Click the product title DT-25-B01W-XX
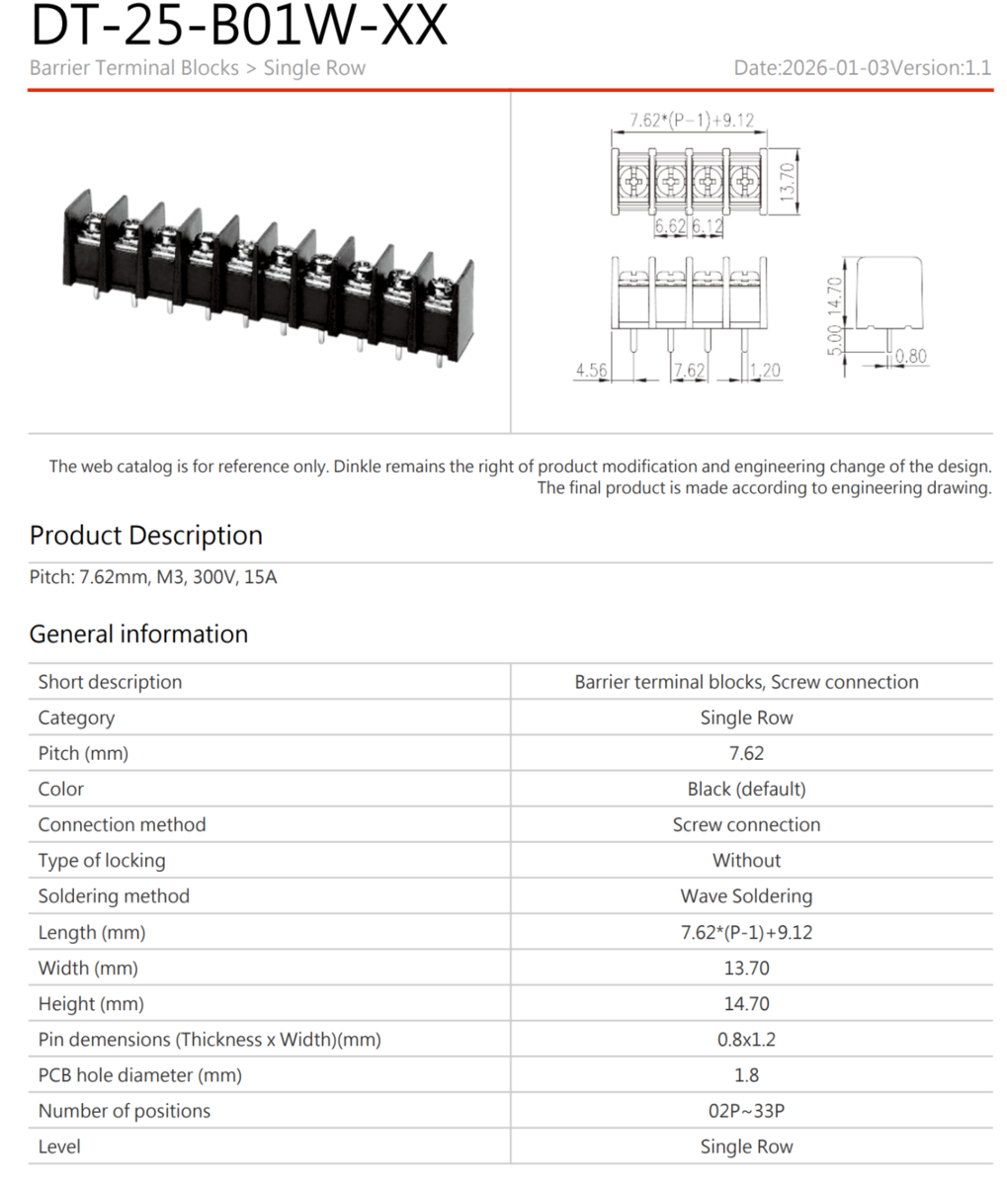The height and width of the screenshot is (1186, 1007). [x=239, y=27]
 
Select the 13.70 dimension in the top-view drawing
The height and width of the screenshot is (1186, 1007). [x=787, y=181]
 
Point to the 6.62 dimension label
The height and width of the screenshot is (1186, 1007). [x=670, y=226]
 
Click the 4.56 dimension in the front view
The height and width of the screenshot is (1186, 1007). [x=591, y=371]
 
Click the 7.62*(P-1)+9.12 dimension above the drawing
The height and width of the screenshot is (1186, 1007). [x=692, y=121]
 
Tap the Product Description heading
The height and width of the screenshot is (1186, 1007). [x=146, y=536]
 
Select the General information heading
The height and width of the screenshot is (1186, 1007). [x=138, y=635]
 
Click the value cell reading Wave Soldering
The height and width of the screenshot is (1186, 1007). [x=746, y=896]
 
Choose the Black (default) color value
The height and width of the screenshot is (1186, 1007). [x=746, y=790]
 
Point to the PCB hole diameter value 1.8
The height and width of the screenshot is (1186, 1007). [x=746, y=1075]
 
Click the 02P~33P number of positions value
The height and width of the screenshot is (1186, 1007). [x=746, y=1111]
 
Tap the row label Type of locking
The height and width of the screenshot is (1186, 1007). [x=102, y=861]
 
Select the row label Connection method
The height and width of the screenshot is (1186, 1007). [x=122, y=825]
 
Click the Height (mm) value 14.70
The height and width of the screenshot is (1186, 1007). [x=746, y=1004]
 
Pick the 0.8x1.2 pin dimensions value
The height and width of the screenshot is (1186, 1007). [x=746, y=1040]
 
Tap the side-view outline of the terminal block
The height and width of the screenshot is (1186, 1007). [x=888, y=294]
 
